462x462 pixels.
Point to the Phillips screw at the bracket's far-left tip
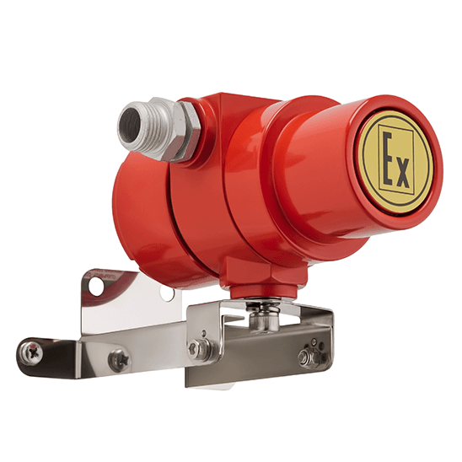tap(32, 352)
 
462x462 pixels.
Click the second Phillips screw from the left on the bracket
tap(119, 360)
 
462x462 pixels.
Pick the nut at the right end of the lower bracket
tap(306, 357)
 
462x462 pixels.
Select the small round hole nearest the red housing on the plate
tap(167, 294)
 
